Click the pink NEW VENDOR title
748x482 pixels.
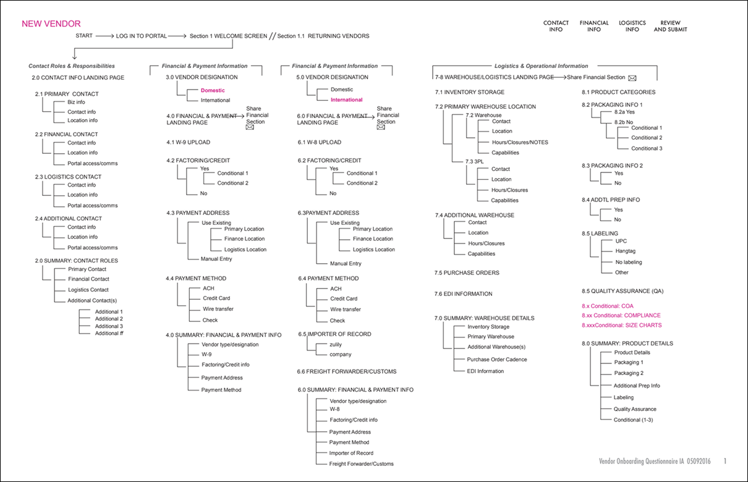click(51, 24)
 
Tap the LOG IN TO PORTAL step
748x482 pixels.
click(141, 36)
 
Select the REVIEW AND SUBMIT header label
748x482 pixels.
click(670, 26)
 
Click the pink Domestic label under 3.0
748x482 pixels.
click(213, 90)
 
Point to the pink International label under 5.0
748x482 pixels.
click(346, 99)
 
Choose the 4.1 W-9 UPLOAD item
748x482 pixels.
click(188, 142)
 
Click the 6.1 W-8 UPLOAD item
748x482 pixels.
click(319, 142)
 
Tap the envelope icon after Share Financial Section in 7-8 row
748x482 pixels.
click(632, 78)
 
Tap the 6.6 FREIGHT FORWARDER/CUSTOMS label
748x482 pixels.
click(347, 371)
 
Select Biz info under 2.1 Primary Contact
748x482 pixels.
click(76, 102)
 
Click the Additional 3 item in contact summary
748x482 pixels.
click(109, 326)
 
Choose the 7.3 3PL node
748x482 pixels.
click(475, 160)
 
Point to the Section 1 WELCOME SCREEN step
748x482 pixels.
click(227, 36)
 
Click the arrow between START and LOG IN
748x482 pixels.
click(104, 36)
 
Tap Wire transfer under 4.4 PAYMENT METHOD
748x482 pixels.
click(218, 309)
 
